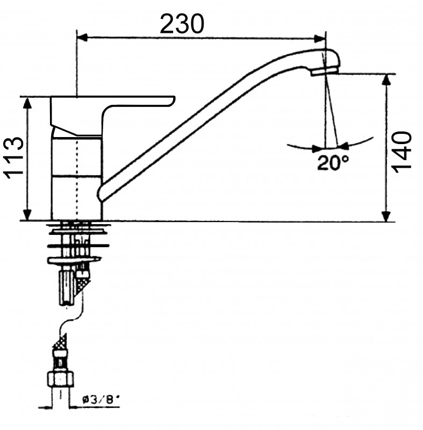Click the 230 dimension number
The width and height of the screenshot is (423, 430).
pyautogui.click(x=182, y=24)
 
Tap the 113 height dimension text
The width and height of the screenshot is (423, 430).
pyautogui.click(x=13, y=157)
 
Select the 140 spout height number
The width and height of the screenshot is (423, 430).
pyautogui.click(x=403, y=152)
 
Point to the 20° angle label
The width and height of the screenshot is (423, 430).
pyautogui.click(x=333, y=162)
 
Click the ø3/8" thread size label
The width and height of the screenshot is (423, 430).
pyautogui.click(x=101, y=399)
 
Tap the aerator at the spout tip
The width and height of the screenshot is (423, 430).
pyautogui.click(x=325, y=71)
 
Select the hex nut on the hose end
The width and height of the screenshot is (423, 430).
pyautogui.click(x=61, y=379)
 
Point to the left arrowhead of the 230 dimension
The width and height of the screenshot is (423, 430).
pyautogui.click(x=82, y=38)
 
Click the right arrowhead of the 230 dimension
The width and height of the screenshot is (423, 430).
pyautogui.click(x=320, y=38)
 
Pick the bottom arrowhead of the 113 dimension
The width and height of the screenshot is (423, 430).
pyautogui.click(x=27, y=214)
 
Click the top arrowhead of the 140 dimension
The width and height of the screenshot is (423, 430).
pyautogui.click(x=386, y=80)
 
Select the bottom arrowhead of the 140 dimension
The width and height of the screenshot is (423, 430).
pyautogui.click(x=386, y=216)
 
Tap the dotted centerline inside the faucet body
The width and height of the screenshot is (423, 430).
pyautogui.click(x=77, y=178)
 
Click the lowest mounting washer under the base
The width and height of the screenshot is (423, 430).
pyautogui.click(x=74, y=260)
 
